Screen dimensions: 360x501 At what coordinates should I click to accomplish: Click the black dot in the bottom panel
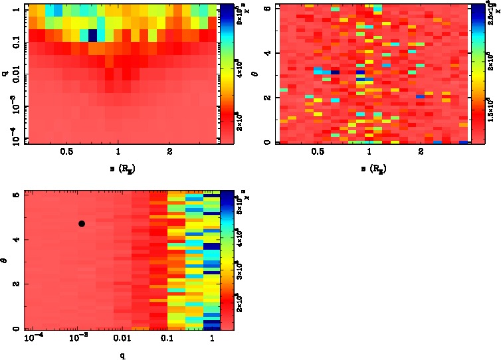coord(82,224)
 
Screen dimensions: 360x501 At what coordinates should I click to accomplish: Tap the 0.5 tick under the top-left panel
coord(66,151)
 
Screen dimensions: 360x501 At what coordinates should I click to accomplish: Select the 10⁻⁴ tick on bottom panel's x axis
coord(33,339)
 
